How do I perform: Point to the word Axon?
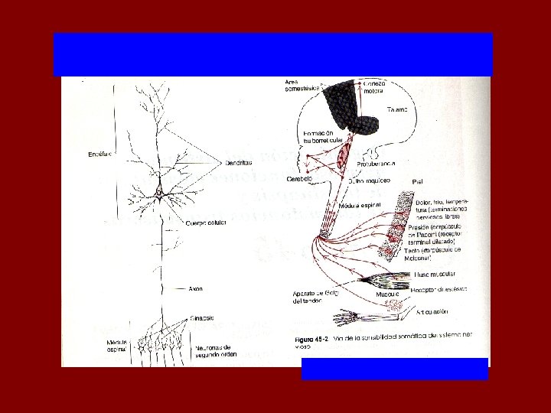tap(196, 289)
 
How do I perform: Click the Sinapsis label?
tap(203, 317)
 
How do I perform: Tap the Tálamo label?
tap(396, 109)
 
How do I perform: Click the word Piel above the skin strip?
tap(418, 181)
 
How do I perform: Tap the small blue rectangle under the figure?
tap(394, 369)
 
